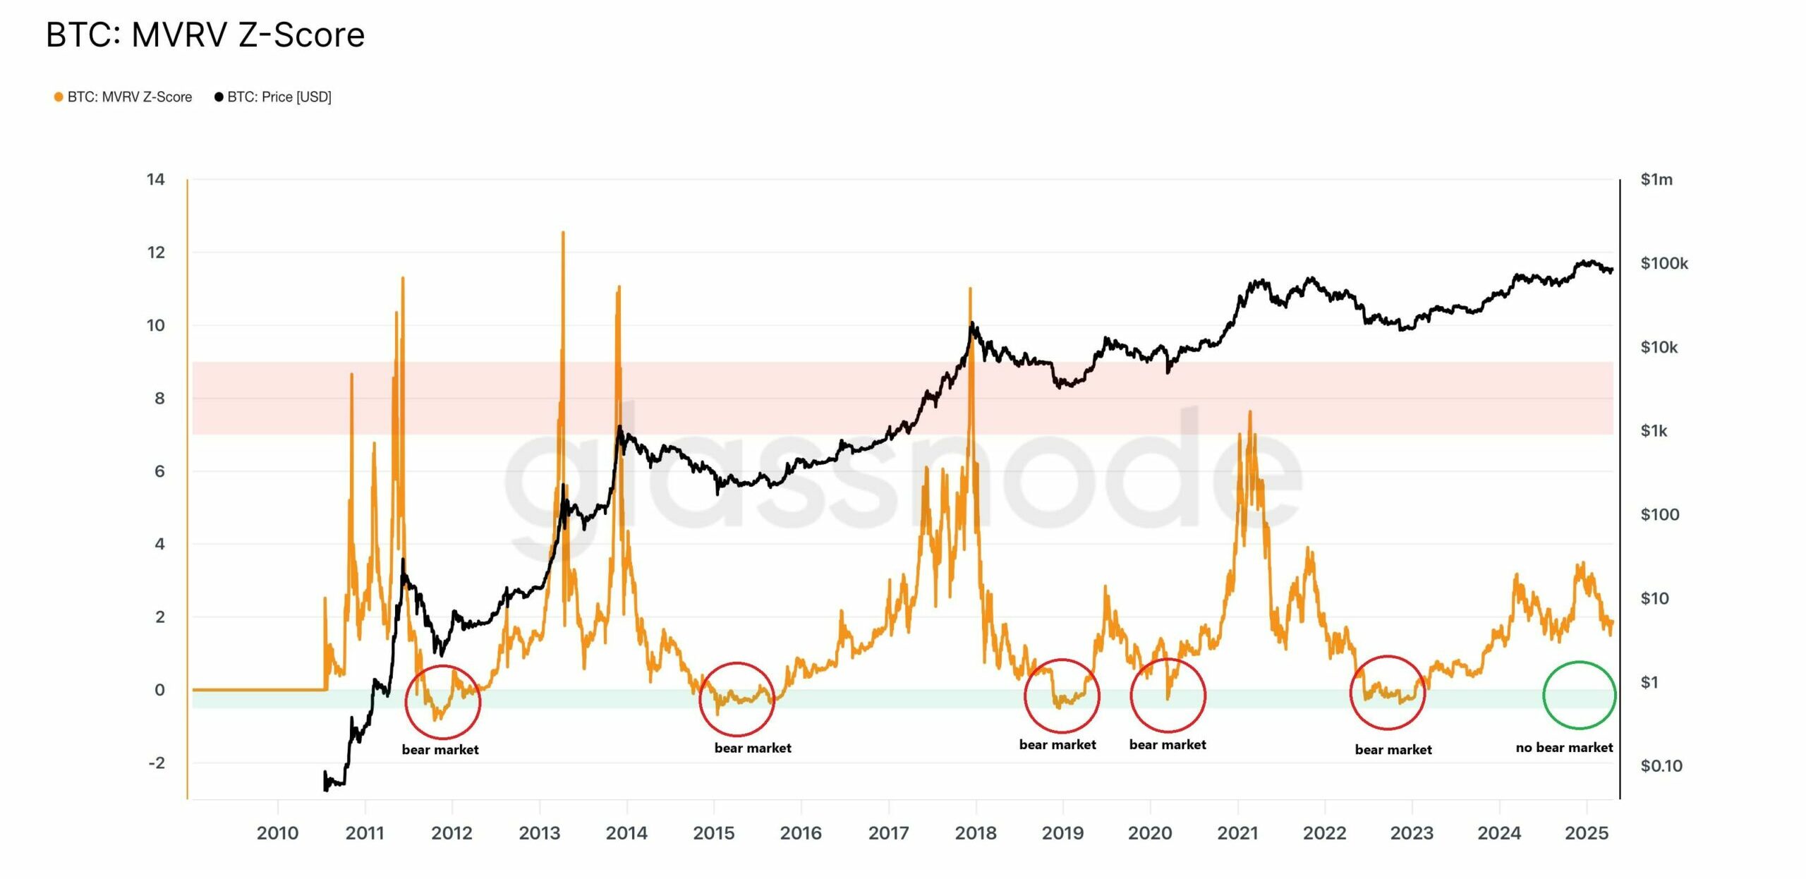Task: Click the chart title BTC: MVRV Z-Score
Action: click(x=205, y=35)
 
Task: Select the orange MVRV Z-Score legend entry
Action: click(x=123, y=97)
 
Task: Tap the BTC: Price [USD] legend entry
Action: click(x=273, y=97)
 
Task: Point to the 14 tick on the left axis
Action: click(x=156, y=179)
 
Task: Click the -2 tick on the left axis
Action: click(x=157, y=763)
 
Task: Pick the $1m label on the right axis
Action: click(x=1656, y=179)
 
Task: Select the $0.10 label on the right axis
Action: click(x=1661, y=765)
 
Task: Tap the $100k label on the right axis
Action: click(x=1663, y=263)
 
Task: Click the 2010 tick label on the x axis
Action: click(x=277, y=833)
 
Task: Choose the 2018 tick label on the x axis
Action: click(x=975, y=833)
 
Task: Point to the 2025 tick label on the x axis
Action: click(x=1586, y=833)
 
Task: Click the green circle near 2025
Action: click(x=1579, y=695)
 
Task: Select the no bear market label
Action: click(x=1563, y=747)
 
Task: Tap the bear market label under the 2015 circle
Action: click(x=752, y=748)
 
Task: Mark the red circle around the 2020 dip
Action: click(x=1168, y=695)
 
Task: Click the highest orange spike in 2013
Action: click(x=563, y=233)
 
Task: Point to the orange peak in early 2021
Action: click(x=1250, y=412)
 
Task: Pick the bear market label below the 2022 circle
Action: click(x=1393, y=749)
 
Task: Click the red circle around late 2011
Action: click(x=442, y=702)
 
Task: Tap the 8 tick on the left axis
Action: click(x=159, y=399)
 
